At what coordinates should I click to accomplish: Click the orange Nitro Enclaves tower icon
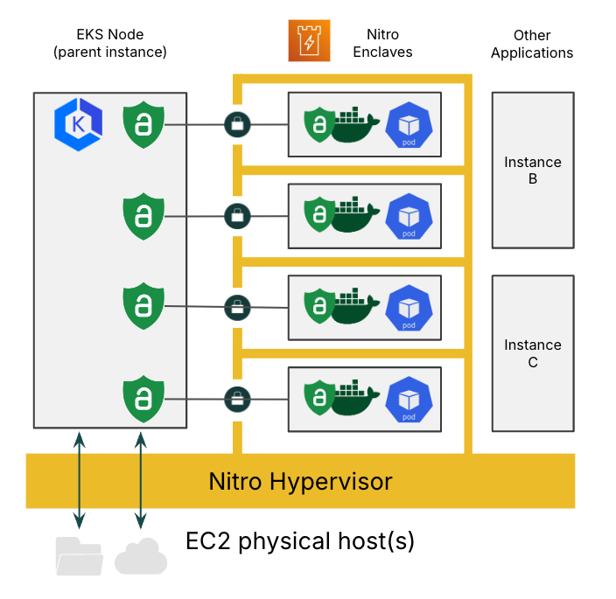[x=309, y=41]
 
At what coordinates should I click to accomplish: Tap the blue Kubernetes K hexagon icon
[x=78, y=124]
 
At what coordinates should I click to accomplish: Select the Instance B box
[x=532, y=170]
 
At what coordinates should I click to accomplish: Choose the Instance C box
[x=532, y=353]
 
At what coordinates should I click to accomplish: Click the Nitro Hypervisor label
[x=300, y=481]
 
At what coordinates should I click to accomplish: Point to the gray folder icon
[x=79, y=556]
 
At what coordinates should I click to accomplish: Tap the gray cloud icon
[x=140, y=556]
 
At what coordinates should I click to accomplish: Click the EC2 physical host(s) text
[x=300, y=541]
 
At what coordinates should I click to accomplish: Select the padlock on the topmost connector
[x=236, y=124]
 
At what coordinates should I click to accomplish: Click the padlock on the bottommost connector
[x=236, y=398]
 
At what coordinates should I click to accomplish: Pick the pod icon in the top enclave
[x=409, y=124]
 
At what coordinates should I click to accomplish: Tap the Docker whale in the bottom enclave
[x=353, y=399]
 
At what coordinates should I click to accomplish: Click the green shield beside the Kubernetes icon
[x=143, y=124]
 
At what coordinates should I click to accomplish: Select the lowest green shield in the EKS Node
[x=143, y=398]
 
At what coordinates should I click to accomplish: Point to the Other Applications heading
[x=532, y=44]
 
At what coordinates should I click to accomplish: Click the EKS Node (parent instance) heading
[x=110, y=44]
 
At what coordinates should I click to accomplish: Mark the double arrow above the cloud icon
[x=140, y=479]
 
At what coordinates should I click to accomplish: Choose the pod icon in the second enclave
[x=409, y=216]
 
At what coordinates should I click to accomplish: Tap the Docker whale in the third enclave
[x=353, y=307]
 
